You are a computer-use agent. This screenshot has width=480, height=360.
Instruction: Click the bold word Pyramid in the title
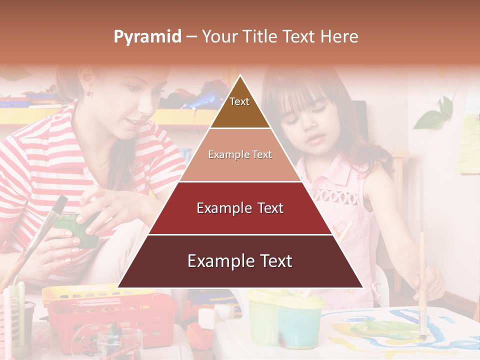tap(147, 37)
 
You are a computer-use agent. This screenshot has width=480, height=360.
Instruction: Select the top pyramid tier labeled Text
tap(240, 105)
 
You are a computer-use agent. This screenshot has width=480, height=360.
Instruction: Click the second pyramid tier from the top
tap(240, 155)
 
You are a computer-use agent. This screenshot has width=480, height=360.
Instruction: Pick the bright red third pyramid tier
tap(240, 208)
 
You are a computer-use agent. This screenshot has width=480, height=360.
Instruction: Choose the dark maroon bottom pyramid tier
tap(240, 261)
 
